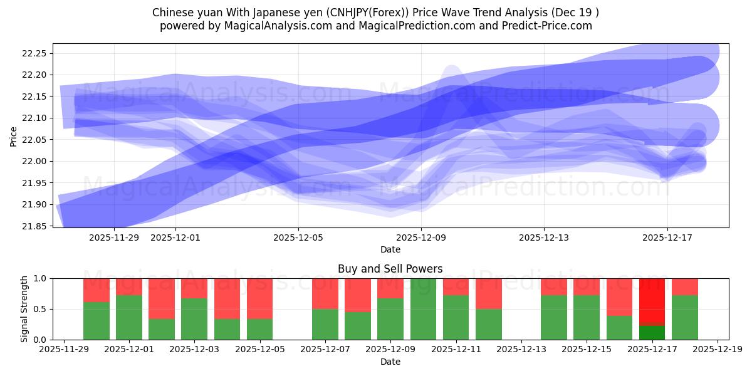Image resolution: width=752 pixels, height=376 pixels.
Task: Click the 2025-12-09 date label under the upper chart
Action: tap(421, 238)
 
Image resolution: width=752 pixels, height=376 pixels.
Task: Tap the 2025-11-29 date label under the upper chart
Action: tap(114, 238)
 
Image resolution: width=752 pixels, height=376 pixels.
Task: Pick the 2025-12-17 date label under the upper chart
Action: tap(667, 238)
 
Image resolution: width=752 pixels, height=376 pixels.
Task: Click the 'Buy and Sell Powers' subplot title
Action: tap(390, 269)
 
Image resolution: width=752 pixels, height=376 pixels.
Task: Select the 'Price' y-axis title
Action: tap(14, 135)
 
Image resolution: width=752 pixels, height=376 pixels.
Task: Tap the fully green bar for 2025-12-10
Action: tap(424, 309)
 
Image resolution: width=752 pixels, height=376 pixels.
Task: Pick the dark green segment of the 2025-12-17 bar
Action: tap(652, 333)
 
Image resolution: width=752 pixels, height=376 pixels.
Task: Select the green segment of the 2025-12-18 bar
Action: tap(684, 318)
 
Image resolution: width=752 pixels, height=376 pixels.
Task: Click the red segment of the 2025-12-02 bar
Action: tap(162, 298)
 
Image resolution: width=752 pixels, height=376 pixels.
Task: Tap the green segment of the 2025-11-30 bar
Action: tap(97, 321)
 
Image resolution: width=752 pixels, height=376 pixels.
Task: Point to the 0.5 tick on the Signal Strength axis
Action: tap(41, 309)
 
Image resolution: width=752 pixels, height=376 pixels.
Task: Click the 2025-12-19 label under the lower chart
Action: tap(717, 350)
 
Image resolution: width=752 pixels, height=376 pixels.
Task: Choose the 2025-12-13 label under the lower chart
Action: tap(521, 350)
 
